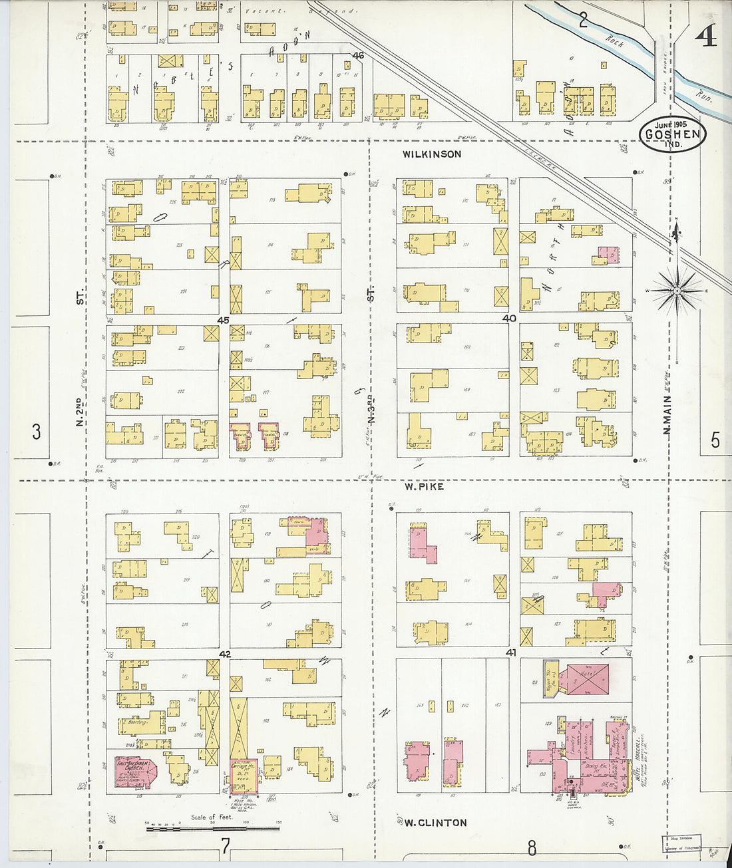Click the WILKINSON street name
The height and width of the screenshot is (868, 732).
(x=431, y=154)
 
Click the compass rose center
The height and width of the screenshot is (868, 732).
(x=677, y=291)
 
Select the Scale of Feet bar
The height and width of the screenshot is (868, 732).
(x=212, y=828)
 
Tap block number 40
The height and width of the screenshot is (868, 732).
(x=509, y=319)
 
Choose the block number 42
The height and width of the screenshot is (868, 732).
(x=225, y=654)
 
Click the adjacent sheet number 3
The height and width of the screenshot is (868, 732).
(x=36, y=432)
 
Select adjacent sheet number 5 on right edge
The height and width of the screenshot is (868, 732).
(x=715, y=440)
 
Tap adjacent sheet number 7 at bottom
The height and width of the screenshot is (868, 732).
(x=226, y=846)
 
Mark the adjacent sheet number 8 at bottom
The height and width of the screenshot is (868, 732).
(x=532, y=847)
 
